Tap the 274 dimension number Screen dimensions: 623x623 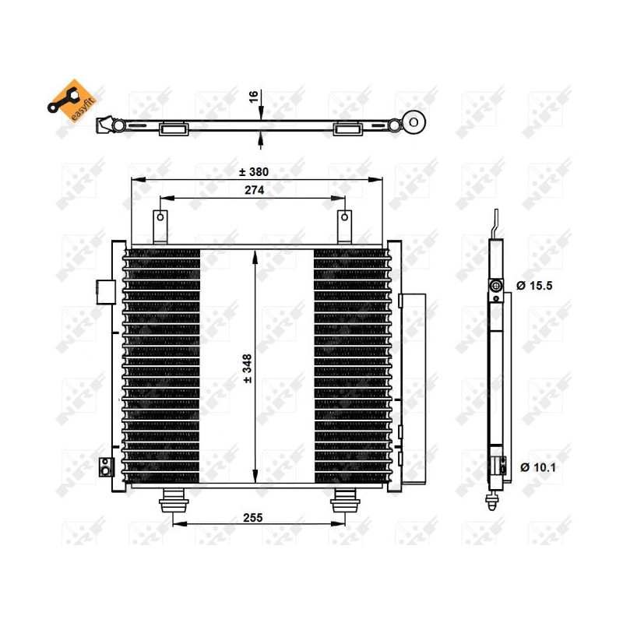[253, 190]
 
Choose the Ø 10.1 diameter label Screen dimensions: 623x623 [535, 467]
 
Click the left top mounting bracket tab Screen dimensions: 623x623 [160, 226]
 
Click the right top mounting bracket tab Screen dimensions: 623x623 [343, 226]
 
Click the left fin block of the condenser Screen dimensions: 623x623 [162, 366]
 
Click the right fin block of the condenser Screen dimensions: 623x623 [350, 366]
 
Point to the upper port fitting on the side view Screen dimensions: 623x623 [495, 288]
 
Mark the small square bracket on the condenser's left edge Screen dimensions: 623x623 [102, 290]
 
